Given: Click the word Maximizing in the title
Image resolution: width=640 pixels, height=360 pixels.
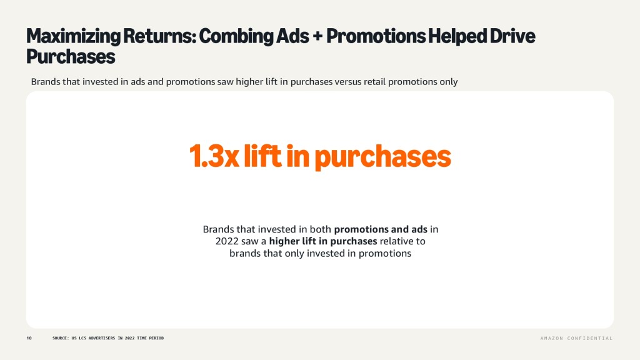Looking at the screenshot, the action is coord(74,36).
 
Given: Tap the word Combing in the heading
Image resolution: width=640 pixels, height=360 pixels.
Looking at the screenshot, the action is coord(236,36).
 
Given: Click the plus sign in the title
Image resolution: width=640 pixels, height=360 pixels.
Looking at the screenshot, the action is coord(317,36).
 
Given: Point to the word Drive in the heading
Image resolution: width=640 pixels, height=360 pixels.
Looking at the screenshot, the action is coord(512,36).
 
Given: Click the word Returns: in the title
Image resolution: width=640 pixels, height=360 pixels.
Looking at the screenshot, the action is coord(160,36).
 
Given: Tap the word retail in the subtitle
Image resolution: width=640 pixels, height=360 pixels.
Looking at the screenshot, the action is coord(374,82).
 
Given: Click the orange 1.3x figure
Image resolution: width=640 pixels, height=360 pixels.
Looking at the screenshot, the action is coord(214,156).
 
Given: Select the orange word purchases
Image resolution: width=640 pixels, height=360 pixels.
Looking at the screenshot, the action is coord(383,157).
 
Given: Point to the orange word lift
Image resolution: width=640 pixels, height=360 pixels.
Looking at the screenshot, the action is coord(262,156).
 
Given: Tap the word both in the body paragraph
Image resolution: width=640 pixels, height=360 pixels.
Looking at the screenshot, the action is coord(321,229).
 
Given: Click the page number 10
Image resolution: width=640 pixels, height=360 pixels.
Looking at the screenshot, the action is coord(29,338).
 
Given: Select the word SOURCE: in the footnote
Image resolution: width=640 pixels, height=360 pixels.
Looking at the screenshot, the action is coord(61,338).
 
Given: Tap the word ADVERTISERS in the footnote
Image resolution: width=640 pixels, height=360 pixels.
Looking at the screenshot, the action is coord(102,338).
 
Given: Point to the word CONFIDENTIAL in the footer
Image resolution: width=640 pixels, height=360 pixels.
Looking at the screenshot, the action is coord(590,338).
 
